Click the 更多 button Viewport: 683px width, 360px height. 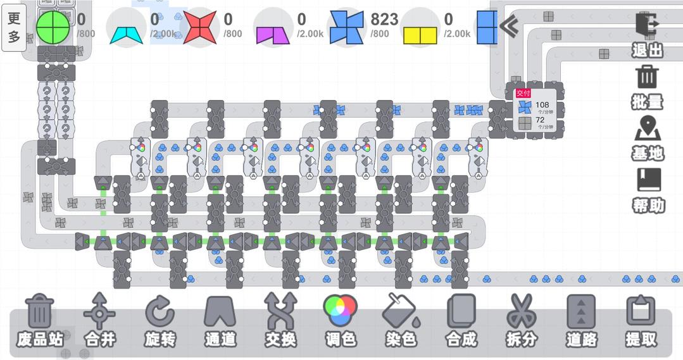point(14,27)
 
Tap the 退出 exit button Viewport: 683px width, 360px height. point(647,35)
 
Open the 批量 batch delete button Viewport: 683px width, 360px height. point(647,87)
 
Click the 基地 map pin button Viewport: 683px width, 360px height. point(647,138)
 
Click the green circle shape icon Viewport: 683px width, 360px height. point(53,27)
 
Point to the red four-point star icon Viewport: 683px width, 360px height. point(200,27)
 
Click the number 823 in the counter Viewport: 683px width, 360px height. point(384,20)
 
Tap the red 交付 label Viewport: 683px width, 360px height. point(523,93)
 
